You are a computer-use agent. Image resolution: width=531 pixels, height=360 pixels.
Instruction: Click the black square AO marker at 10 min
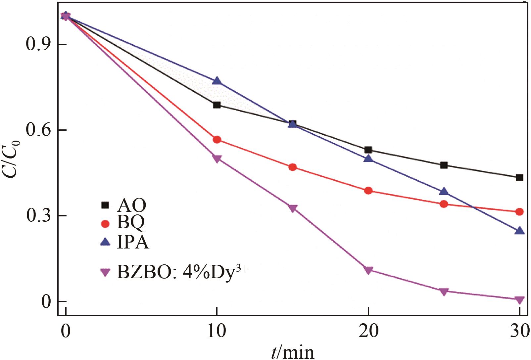[217, 105]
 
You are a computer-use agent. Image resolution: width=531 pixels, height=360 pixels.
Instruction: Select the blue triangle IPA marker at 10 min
[217, 81]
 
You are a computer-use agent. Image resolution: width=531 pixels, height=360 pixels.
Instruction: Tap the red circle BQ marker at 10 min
[217, 139]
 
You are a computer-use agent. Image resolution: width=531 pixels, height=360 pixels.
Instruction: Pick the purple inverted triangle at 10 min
[217, 159]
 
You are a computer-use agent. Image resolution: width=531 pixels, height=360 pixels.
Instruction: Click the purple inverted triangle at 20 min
[368, 270]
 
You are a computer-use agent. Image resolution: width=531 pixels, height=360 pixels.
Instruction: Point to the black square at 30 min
[519, 177]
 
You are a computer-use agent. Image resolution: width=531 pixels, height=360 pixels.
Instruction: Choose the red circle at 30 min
[519, 212]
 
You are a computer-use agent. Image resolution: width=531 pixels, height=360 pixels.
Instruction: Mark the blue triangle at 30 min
[519, 231]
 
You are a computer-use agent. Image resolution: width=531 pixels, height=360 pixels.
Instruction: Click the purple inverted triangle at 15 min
[293, 208]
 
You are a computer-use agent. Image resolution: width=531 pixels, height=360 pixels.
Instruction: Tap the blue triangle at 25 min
[444, 192]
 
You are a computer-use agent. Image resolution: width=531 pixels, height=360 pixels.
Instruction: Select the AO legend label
[131, 205]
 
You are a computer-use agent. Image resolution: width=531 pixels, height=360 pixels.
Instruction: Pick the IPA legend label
[133, 243]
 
